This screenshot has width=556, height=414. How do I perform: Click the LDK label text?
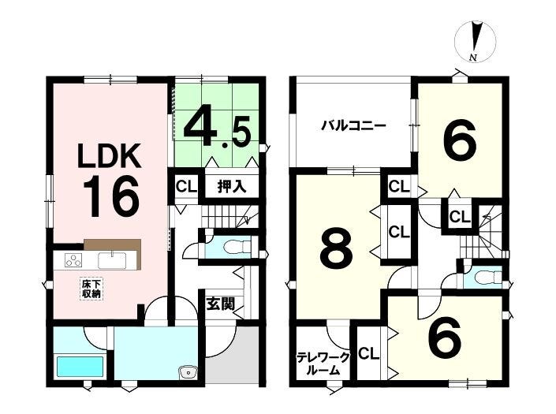110,156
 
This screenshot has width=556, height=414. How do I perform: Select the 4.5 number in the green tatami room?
217,130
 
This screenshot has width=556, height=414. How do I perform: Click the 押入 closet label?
232,186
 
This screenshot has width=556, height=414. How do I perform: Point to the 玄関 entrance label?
221,304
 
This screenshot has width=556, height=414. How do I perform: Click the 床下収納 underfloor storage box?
91,289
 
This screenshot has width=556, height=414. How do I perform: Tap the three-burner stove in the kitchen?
73,259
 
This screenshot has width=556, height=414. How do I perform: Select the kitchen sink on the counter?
113,260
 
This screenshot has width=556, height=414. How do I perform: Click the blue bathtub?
80,367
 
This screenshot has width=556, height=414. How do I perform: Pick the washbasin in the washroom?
188,372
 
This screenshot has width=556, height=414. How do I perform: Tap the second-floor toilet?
488,277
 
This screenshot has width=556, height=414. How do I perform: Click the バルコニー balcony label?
353,126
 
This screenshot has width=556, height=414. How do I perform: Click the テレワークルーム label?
323,364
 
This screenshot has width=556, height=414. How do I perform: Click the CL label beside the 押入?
186,187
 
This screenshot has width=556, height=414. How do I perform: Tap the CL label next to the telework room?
369,354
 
